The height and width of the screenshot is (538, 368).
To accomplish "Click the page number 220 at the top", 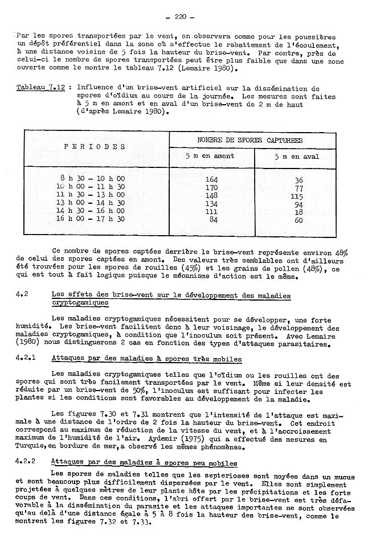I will coord(183,17).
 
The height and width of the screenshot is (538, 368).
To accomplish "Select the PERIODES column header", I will coord(95,146).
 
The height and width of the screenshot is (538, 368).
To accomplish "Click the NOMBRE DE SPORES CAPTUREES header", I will coord(250,139).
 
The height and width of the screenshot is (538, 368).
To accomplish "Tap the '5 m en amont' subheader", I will coord(211,157).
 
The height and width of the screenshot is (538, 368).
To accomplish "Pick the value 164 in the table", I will coord(211,179).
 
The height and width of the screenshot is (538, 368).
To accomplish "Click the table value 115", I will coord(297,196).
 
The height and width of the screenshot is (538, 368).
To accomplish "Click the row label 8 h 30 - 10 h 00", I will coord(92,179).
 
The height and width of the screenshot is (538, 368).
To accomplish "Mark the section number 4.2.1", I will coord(26,359).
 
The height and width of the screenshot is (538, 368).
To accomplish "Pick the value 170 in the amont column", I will coord(211,187).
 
